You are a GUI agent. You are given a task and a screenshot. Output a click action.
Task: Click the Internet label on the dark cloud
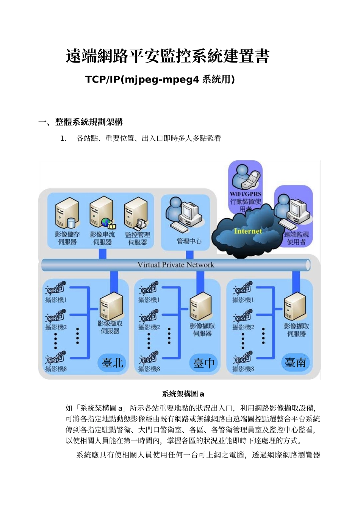tap(248, 231)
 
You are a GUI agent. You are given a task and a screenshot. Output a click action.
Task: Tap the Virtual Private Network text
tap(175, 265)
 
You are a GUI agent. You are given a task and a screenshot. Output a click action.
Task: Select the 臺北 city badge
tap(113, 362)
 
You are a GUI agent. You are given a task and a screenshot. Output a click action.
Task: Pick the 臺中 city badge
tap(204, 363)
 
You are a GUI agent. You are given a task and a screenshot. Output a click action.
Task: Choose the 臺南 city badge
tap(296, 362)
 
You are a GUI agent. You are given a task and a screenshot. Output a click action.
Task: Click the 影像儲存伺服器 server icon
tap(67, 214)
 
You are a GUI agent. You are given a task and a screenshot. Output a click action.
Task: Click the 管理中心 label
tap(189, 241)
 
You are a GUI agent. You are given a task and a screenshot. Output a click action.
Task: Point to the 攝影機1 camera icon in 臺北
tap(56, 288)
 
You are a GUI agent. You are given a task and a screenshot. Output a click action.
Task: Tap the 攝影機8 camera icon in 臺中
tap(149, 358)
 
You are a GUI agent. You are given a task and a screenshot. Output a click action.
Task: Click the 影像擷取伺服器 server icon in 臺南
tap(295, 307)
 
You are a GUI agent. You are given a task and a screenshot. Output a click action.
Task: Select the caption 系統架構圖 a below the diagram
tap(183, 394)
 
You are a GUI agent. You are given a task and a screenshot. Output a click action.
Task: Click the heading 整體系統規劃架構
tap(89, 122)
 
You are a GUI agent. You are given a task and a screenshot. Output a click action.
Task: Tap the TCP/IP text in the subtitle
tap(102, 80)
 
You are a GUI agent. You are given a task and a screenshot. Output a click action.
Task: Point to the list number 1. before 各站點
tap(63, 139)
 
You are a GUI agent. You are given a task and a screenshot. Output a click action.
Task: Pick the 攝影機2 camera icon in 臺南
tap(243, 316)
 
